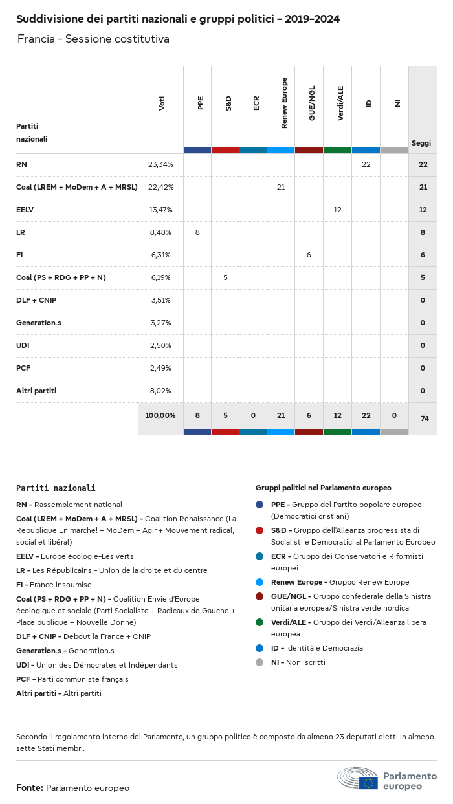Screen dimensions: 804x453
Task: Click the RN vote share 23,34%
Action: tap(160, 164)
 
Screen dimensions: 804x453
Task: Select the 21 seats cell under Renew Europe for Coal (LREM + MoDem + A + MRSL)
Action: tap(281, 187)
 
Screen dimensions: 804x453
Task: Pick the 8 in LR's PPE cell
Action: tap(197, 232)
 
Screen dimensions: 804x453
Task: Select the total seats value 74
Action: tap(425, 418)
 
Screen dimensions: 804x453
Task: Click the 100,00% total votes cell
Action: tap(160, 415)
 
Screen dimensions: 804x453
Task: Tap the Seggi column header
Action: tap(421, 143)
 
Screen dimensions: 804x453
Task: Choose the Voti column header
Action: tap(162, 103)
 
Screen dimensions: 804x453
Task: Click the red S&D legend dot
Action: tap(260, 530)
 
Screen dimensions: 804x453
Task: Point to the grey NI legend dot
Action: tap(260, 662)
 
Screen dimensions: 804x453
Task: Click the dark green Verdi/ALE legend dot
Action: tap(260, 622)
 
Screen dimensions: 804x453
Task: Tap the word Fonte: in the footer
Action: tap(30, 788)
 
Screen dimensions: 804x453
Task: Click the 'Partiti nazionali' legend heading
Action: tap(56, 488)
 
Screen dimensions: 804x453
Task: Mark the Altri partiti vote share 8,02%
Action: tap(160, 391)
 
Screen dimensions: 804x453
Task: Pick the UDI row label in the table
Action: tap(22, 345)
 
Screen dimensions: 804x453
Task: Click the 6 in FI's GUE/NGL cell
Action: tap(309, 255)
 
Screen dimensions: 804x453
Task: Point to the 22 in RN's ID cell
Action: tap(366, 164)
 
